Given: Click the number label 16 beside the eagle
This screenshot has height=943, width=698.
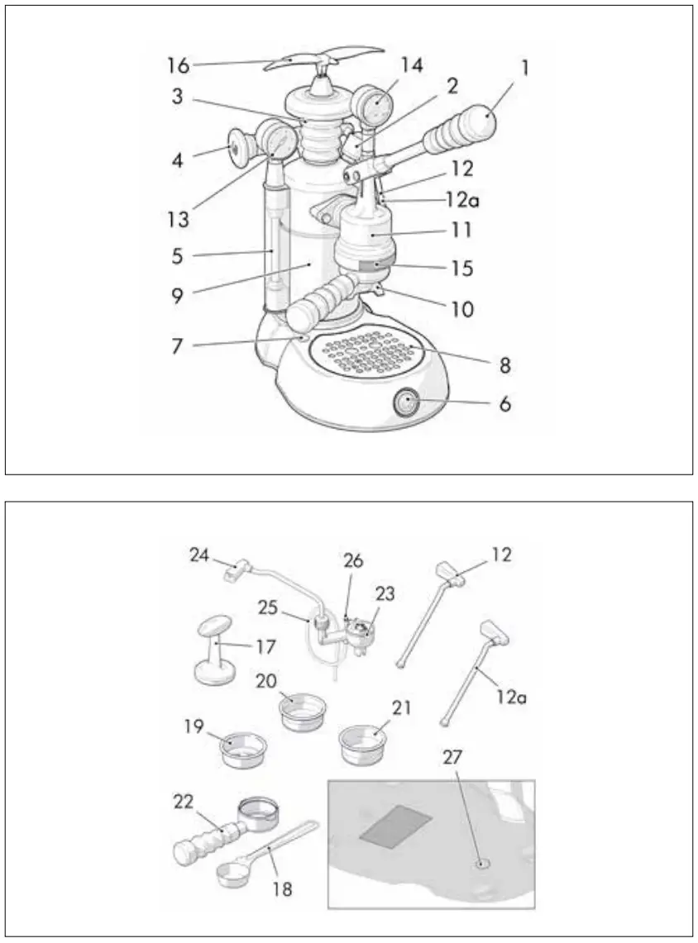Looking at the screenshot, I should [178, 65].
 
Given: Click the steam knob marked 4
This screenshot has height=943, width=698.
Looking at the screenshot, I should [237, 149].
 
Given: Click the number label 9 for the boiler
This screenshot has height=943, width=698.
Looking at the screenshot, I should [178, 295].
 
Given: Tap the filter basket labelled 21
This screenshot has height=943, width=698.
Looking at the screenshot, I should [363, 741].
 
